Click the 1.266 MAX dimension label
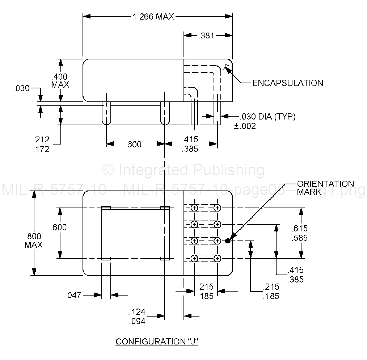pyautogui.click(x=154, y=17)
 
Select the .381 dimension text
pyautogui.click(x=206, y=35)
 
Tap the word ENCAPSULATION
pyautogui.click(x=288, y=83)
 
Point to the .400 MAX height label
pyautogui.click(x=60, y=80)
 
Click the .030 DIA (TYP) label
pyautogui.click(x=267, y=117)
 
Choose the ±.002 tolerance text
pyautogui.click(x=245, y=126)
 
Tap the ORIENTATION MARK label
pyautogui.click(x=325, y=188)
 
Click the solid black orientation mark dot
pyautogui.click(x=228, y=241)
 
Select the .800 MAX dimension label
pyautogui.click(x=33, y=240)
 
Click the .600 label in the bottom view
pyautogui.click(x=59, y=227)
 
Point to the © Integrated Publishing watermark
pyautogui.click(x=183, y=169)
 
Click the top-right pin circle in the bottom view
pyautogui.click(x=217, y=208)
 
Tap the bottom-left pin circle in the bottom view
pyautogui.click(x=194, y=259)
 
